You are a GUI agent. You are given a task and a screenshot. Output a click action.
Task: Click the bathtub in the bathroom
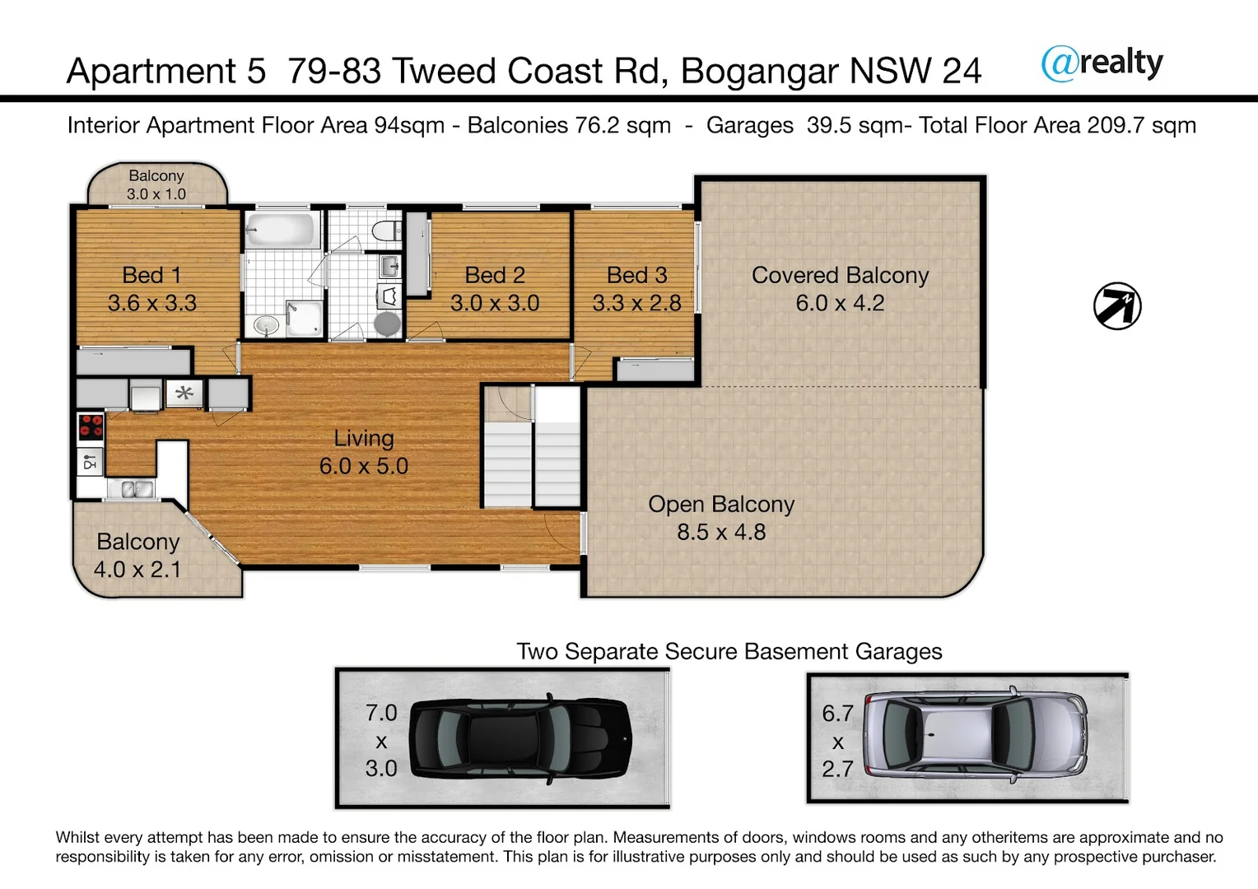point(282,230)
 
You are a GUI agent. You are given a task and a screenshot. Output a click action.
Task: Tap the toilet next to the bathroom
point(383,230)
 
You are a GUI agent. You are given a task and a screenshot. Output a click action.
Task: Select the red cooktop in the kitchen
point(91,426)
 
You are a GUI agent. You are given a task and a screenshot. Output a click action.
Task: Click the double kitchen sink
point(137,489)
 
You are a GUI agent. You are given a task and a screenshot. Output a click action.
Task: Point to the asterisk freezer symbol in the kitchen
point(184,393)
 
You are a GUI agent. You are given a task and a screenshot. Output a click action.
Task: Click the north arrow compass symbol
point(1117,306)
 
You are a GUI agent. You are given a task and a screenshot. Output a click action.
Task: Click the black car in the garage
point(520,738)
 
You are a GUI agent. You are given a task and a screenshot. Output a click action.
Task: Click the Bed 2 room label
point(494,275)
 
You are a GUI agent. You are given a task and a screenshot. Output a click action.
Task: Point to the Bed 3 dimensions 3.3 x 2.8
point(636,303)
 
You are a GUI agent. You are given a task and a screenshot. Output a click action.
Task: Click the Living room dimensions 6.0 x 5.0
point(363,466)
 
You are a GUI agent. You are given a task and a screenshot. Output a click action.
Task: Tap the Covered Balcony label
point(840,275)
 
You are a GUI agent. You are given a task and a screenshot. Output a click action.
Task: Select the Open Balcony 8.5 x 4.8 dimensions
point(721,532)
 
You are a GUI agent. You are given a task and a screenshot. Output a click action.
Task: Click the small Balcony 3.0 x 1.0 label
point(156,184)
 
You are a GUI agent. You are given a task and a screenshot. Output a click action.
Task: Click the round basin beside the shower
point(266,324)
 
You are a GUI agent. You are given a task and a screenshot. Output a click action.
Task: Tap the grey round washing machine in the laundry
point(387,323)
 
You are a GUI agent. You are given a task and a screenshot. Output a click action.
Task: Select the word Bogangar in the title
point(761,72)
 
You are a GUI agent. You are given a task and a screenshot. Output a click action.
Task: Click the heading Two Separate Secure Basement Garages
point(729,651)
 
